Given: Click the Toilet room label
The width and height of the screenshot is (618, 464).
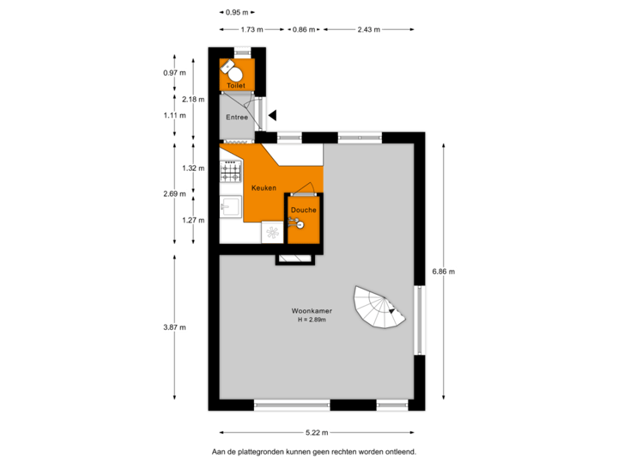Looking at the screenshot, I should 236,86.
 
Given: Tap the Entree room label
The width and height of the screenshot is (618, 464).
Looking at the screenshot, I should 237,117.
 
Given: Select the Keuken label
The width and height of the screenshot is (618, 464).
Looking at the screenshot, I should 264,187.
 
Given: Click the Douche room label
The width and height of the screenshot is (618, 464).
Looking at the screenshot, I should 303,210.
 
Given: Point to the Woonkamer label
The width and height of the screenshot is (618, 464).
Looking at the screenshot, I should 312,310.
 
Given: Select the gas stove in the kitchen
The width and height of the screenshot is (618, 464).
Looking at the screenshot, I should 231,174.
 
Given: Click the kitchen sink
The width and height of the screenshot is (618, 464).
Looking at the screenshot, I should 230,207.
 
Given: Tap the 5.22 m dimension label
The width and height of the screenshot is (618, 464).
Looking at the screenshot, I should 316,432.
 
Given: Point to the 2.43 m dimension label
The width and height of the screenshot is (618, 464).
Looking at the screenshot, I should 369,29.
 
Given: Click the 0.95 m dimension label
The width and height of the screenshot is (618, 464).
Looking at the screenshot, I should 235,13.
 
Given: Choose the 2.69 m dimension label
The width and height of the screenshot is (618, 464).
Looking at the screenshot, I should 175,194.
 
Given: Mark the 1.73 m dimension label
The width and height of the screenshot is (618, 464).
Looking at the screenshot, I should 251,29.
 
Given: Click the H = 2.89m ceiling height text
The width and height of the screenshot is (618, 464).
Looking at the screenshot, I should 311,320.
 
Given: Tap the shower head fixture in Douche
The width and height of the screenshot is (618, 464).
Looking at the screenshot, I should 300,224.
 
